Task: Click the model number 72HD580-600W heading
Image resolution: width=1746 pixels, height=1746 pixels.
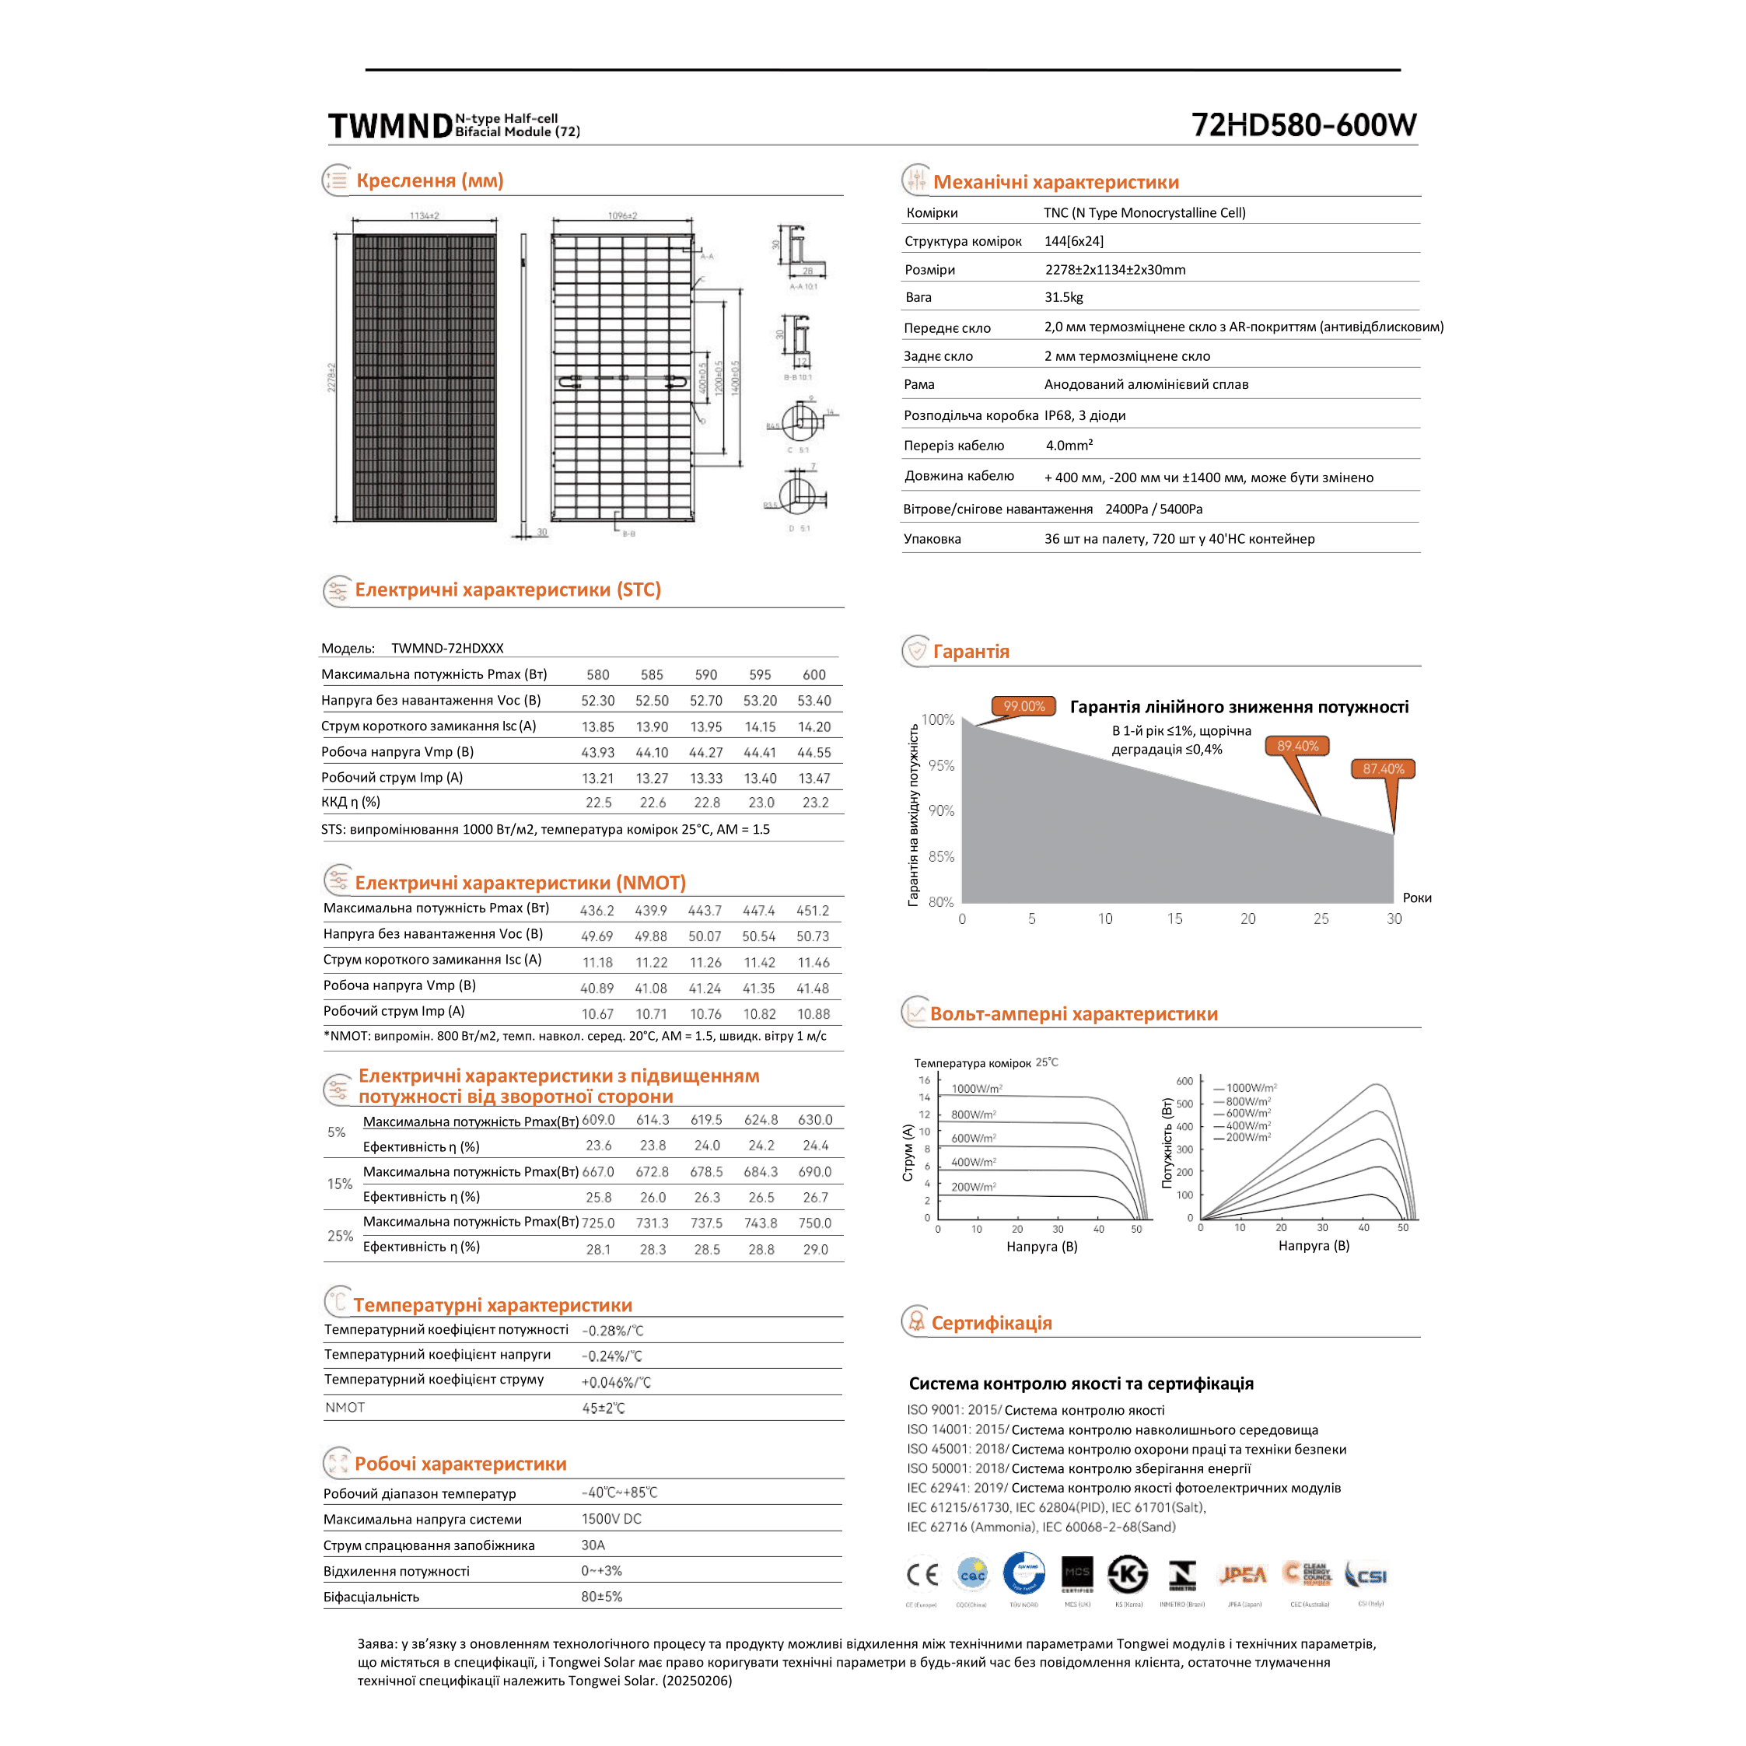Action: click(1303, 124)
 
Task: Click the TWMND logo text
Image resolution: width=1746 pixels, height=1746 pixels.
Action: click(390, 127)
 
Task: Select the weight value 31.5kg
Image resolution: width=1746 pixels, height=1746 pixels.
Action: click(1064, 297)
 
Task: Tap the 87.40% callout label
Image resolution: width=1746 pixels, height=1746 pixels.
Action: click(1383, 769)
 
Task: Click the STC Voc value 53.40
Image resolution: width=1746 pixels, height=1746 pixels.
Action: click(814, 701)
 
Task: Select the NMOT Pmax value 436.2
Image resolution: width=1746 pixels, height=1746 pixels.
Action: click(597, 911)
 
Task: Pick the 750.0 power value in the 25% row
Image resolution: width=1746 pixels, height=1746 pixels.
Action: click(814, 1223)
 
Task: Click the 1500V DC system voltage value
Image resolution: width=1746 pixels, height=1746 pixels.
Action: click(611, 1519)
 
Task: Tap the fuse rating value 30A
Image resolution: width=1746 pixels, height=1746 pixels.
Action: click(593, 1545)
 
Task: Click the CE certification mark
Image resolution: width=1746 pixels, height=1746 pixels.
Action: click(922, 1575)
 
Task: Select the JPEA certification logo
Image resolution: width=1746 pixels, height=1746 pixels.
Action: click(1244, 1575)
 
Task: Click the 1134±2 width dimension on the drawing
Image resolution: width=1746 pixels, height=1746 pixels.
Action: click(424, 216)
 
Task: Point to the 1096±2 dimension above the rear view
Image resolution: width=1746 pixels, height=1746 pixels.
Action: click(621, 216)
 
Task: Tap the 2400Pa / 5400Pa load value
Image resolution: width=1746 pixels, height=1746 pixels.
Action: click(1153, 509)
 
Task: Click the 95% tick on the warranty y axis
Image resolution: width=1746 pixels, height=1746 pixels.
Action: click(941, 765)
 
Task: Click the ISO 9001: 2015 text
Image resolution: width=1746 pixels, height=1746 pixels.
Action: click(953, 1410)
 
